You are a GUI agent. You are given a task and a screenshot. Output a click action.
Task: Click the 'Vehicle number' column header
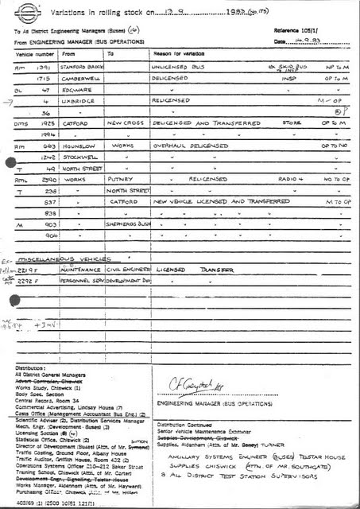pyautogui.click(x=34, y=54)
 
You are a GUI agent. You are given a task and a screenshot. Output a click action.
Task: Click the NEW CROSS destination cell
pyautogui.click(x=126, y=125)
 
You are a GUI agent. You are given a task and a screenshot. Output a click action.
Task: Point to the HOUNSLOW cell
pyautogui.click(x=78, y=147)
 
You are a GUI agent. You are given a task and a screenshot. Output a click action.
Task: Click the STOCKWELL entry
pyautogui.click(x=79, y=158)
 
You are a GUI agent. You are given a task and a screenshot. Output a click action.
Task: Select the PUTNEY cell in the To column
pyautogui.click(x=120, y=181)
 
